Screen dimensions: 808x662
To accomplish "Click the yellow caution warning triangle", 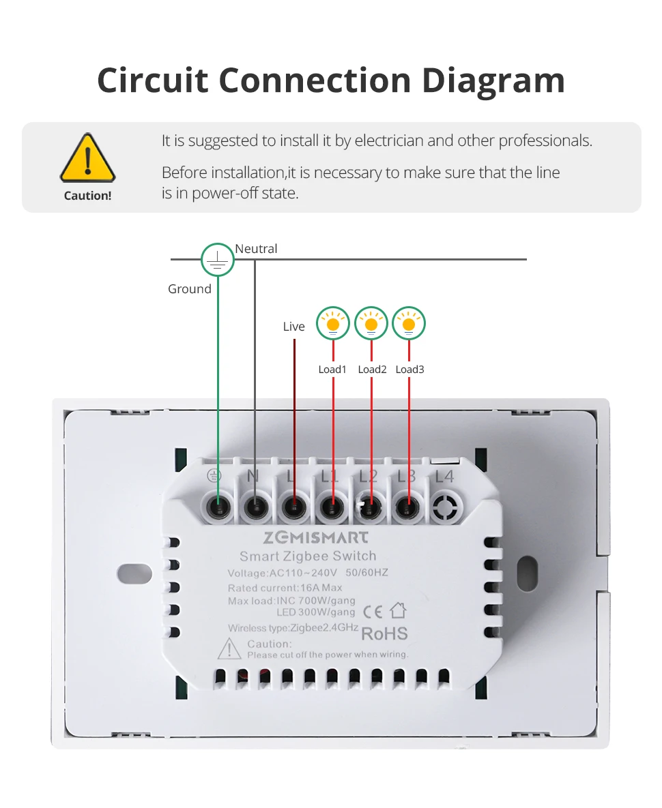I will pos(87,159).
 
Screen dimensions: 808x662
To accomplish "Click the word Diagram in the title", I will pos(493,80).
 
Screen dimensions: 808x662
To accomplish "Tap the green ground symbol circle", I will pos(217,260).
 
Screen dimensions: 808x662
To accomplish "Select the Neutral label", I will pos(256,249).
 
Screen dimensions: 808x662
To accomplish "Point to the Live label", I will pos(293,327).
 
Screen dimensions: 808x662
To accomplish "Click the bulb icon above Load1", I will pos(333,323).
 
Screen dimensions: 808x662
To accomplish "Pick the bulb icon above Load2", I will pos(371,323).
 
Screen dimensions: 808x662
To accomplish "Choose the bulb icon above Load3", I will pos(409,323).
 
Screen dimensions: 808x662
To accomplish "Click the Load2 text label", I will pos(372,370).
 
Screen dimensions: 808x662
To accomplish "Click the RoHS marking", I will pos(384,633).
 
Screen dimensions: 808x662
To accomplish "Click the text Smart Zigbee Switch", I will pos(308,556).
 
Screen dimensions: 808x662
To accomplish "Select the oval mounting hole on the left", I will pos(134,574).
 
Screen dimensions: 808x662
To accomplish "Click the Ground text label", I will pos(189,289).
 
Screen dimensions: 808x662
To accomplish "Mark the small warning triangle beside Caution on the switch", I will pos(229,650).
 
